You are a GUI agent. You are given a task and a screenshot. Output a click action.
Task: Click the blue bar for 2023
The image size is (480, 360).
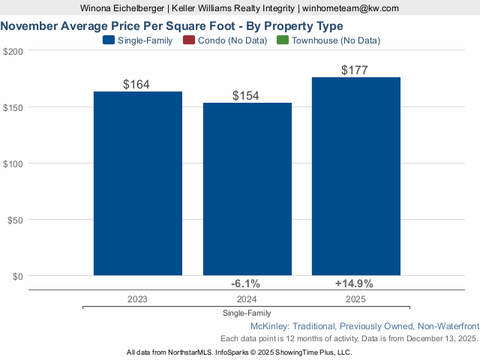point(138,184)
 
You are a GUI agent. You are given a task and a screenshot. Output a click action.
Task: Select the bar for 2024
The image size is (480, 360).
point(247,189)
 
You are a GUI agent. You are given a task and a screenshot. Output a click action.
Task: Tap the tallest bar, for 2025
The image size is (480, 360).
point(356,176)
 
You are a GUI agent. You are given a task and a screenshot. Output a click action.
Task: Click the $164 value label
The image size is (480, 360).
point(137,84)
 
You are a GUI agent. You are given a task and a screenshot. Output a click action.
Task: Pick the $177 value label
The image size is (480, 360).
point(355,70)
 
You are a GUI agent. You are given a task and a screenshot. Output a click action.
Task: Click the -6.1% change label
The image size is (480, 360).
point(245,283)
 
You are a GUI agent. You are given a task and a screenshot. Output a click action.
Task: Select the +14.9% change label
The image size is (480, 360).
point(354,283)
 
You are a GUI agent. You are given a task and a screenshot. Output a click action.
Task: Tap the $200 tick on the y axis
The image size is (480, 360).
point(13,51)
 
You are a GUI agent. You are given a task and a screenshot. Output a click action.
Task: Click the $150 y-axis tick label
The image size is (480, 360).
point(13,107)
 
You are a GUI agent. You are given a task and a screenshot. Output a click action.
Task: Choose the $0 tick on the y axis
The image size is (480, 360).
point(17,276)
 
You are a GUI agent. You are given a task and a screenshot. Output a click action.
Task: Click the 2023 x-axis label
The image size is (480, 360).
point(137,298)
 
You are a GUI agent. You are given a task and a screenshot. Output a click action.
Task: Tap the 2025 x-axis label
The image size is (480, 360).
point(355,298)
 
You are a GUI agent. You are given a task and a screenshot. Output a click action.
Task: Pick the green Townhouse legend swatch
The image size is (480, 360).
point(282,40)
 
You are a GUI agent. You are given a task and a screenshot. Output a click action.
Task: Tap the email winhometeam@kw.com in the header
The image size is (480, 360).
point(351,8)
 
